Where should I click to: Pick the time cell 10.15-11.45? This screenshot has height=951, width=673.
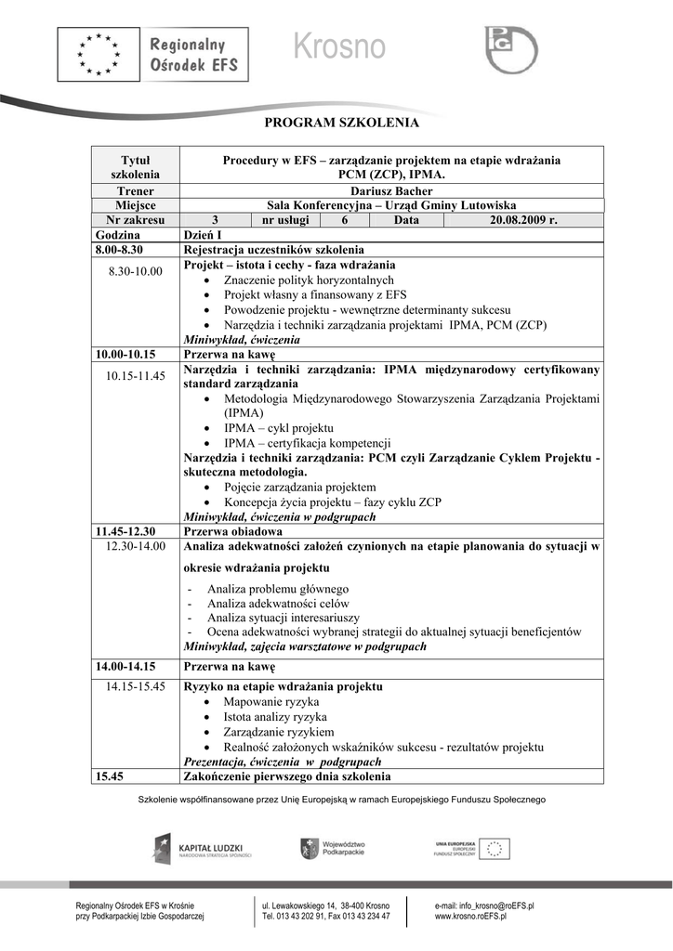[x=136, y=376]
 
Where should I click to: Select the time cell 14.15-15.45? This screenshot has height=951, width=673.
[x=136, y=686]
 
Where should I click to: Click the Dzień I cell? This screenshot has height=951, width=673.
[x=203, y=235]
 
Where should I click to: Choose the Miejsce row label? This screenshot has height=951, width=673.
[x=135, y=205]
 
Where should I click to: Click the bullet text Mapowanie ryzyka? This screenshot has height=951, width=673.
[x=271, y=702]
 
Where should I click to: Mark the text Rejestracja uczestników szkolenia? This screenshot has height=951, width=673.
[x=273, y=250]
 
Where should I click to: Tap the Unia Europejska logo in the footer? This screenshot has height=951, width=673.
[x=471, y=848]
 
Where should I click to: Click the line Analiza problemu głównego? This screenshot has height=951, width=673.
[x=278, y=589]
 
